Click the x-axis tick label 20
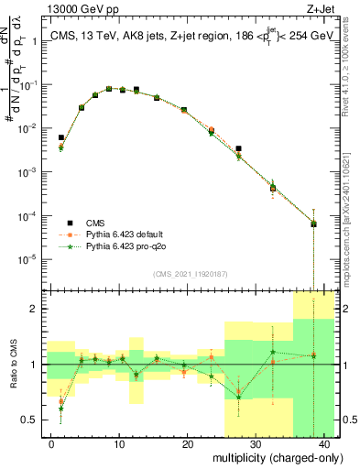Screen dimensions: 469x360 (188, 443)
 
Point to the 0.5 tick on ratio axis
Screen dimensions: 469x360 (29, 420)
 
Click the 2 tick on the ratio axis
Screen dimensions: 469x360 (33, 309)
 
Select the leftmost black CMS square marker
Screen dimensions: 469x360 (61, 137)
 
